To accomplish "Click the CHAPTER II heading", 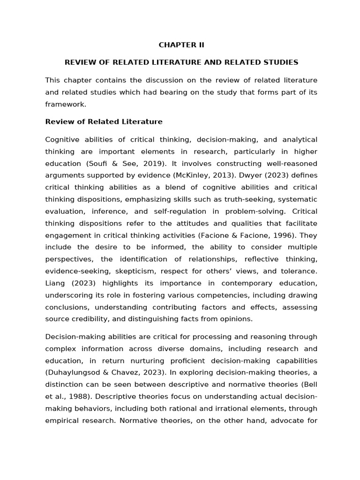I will pos(181,45).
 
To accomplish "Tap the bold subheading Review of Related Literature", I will pos(104,122).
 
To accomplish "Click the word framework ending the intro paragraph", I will pos(65,105).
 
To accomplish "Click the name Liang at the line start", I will pos(55,283).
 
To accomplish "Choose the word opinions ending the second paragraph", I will pos(236,319).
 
